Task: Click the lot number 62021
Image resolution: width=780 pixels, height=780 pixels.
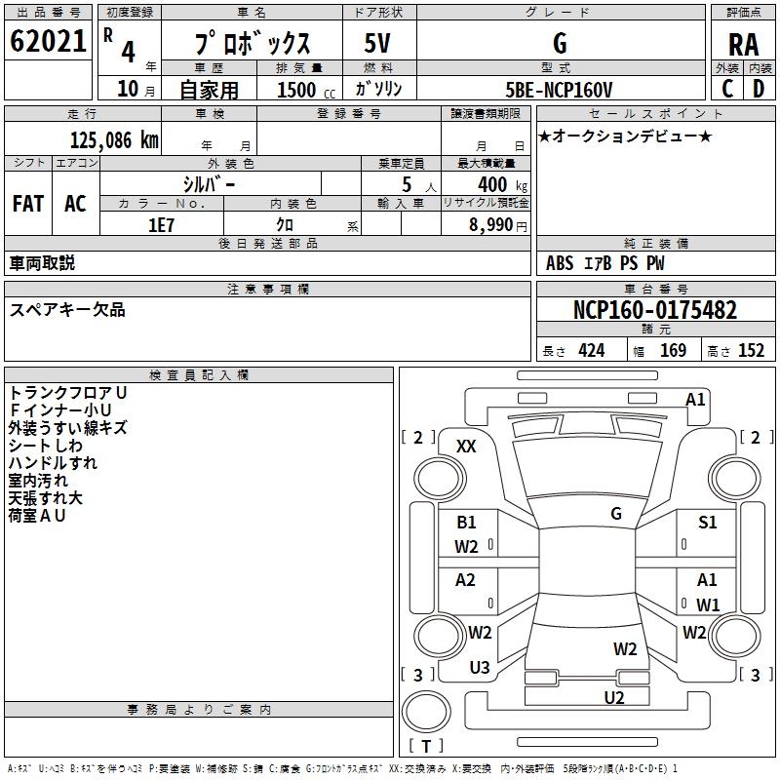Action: (48, 42)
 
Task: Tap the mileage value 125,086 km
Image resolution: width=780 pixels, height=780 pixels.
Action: (114, 139)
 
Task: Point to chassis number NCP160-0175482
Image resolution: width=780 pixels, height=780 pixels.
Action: (654, 311)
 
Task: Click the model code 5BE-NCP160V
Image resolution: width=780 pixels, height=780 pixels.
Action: (560, 89)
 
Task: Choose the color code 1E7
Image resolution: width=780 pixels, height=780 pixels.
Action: (160, 224)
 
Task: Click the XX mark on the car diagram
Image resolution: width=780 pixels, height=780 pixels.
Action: (466, 446)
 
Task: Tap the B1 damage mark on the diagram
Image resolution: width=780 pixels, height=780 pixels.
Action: (466, 523)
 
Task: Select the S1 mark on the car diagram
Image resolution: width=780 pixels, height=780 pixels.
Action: (708, 523)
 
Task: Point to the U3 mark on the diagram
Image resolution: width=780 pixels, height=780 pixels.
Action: (480, 668)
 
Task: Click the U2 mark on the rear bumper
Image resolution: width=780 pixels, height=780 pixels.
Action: (613, 696)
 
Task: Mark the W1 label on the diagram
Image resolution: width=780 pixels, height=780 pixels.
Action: (708, 604)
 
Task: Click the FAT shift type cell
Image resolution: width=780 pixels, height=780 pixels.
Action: (27, 204)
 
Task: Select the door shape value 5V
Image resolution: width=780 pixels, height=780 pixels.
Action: (379, 44)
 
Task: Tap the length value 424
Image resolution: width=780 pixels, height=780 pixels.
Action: (591, 350)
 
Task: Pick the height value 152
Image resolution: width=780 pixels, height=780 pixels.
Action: (751, 350)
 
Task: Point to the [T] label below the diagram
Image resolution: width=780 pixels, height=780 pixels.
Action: (426, 747)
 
